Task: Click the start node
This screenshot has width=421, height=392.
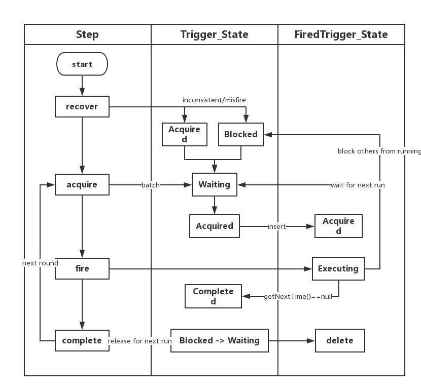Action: (82, 64)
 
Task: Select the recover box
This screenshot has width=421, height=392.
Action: (82, 106)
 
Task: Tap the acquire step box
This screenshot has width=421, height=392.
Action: (82, 184)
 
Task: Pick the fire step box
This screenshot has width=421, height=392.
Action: (82, 268)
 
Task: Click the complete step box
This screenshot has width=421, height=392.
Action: (82, 340)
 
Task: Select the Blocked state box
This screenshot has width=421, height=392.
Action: (241, 134)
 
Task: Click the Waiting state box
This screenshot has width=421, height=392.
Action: (215, 184)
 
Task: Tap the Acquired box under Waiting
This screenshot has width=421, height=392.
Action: (215, 226)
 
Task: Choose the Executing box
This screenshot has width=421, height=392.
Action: (338, 268)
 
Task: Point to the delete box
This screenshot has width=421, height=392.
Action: (340, 340)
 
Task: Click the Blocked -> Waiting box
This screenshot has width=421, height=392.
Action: (220, 340)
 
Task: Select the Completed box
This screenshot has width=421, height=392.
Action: (213, 296)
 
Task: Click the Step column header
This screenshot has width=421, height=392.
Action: (87, 34)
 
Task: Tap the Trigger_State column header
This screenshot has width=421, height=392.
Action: (214, 34)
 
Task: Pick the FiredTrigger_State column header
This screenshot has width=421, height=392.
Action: (341, 34)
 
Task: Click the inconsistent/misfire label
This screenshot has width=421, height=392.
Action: (214, 100)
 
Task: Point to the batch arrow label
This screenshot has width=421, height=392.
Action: (150, 185)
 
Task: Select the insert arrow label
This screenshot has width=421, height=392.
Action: (277, 226)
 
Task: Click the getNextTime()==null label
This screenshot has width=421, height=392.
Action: (298, 297)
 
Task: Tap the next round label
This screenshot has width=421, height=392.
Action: (40, 263)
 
